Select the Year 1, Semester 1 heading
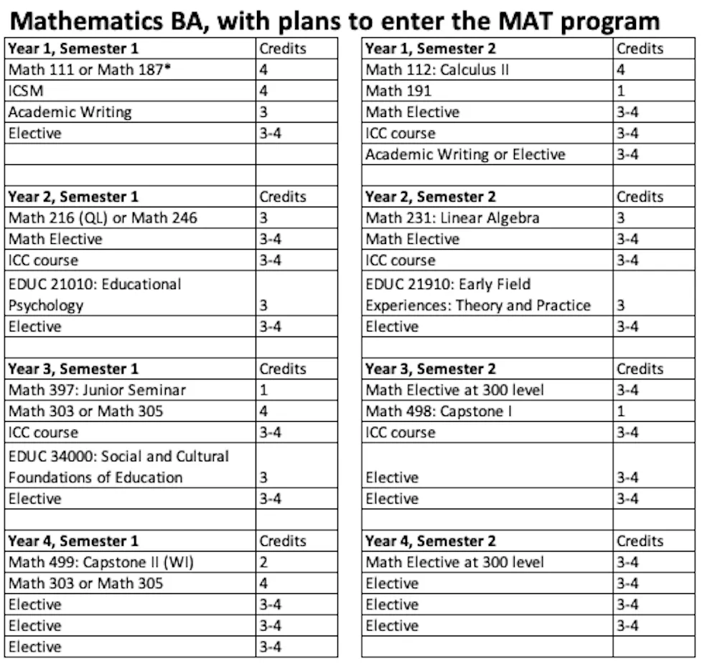point(72,49)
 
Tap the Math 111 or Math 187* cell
point(85,70)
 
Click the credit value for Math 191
point(621,91)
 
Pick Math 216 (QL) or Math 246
point(103,217)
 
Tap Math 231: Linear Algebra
point(452,217)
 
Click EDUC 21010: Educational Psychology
point(95,294)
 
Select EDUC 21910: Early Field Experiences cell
point(477,294)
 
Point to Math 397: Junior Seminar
point(97,390)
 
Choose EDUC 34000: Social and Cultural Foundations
point(118,466)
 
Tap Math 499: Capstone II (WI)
point(101,562)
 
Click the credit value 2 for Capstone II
point(263,562)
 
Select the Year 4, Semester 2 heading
point(431,540)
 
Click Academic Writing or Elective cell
point(465,154)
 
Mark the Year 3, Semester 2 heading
point(431,368)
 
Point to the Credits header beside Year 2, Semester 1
point(283,196)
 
